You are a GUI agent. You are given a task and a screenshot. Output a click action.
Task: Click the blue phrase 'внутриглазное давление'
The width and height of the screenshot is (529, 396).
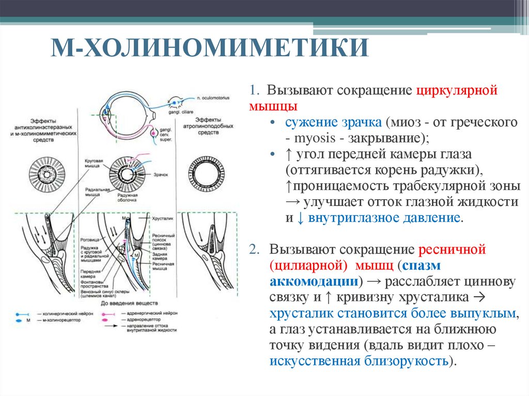coord(384,217)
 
